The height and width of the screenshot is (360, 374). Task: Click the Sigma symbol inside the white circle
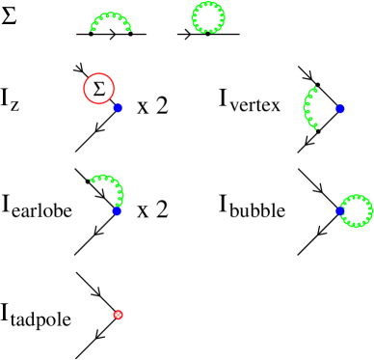coord(98,89)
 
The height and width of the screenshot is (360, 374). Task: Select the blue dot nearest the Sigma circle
coord(118,108)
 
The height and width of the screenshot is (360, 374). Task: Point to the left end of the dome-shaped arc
coord(93,30)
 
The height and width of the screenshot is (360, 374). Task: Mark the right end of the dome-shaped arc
coord(129,30)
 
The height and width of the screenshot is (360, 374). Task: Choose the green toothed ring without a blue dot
coord(208,5)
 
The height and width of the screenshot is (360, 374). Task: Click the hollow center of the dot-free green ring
coord(208,17)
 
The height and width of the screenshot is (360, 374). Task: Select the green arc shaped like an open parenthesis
coord(307,107)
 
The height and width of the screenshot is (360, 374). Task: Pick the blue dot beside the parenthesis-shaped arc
coord(339,109)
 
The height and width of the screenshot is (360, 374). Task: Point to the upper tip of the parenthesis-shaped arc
coord(315,88)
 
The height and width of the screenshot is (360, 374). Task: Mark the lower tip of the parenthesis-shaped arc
coord(315,127)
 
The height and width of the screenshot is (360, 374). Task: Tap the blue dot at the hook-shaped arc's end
coord(117,210)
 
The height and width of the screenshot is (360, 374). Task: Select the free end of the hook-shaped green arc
coord(91,180)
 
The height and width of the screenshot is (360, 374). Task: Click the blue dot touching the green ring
coord(339,210)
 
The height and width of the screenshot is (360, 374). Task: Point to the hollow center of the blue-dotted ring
coord(356,210)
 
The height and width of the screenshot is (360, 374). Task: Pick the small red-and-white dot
coord(118,315)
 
